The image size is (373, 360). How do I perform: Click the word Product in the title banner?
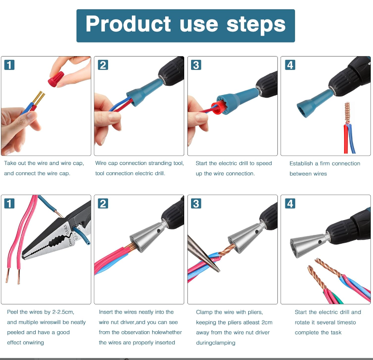[128, 24]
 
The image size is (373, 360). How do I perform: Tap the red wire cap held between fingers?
[56, 79]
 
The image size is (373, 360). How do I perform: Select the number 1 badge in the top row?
[9, 65]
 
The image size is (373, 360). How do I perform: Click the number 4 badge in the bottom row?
[290, 203]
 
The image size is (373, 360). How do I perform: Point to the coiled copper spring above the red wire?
[347, 113]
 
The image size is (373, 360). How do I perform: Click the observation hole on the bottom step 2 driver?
[158, 230]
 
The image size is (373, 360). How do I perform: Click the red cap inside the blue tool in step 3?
[218, 107]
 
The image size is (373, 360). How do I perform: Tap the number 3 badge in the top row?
[196, 65]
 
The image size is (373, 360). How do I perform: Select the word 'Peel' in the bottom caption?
[12, 312]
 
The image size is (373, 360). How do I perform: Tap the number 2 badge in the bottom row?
[103, 203]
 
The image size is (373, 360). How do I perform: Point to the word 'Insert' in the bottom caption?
[106, 312]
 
